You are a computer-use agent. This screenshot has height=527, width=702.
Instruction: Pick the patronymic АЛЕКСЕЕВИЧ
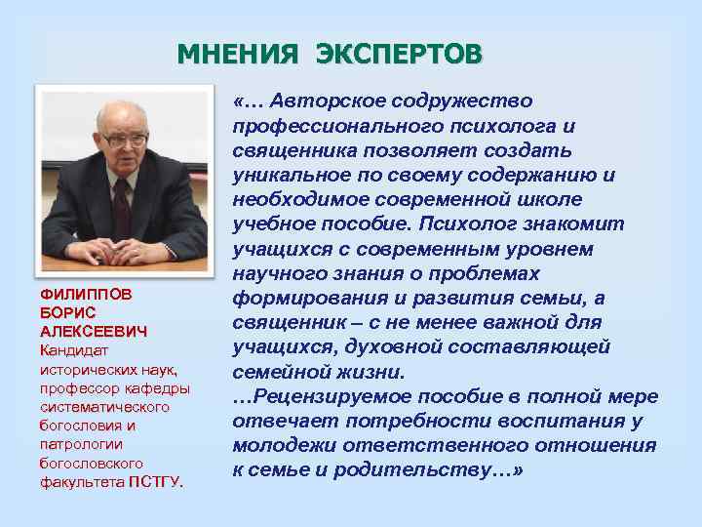[x=94, y=331]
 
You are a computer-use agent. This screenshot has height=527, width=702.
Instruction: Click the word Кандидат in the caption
[x=73, y=349]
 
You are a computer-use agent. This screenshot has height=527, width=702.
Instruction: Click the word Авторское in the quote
[x=329, y=101]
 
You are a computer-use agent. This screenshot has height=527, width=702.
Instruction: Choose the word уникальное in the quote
[x=289, y=175]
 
